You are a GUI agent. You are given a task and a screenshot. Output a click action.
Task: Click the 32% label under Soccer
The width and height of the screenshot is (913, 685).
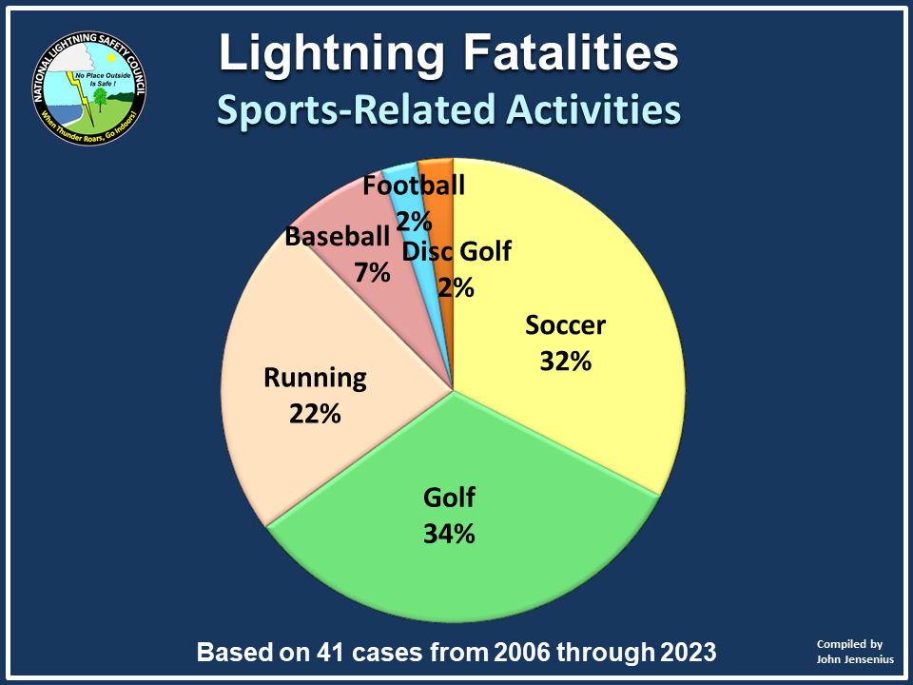pyautogui.click(x=566, y=362)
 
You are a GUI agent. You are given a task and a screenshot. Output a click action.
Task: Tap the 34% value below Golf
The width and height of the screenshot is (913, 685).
pyautogui.click(x=449, y=534)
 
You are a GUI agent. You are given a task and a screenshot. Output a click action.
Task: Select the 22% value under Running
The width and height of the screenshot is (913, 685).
pyautogui.click(x=315, y=414)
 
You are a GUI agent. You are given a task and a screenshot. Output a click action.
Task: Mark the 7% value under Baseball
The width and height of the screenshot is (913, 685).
pyautogui.click(x=372, y=273)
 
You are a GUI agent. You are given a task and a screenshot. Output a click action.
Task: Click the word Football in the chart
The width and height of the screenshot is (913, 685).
pyautogui.click(x=415, y=185)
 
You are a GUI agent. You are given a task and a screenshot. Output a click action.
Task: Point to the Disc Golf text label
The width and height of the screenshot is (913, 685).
pyautogui.click(x=456, y=252)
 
